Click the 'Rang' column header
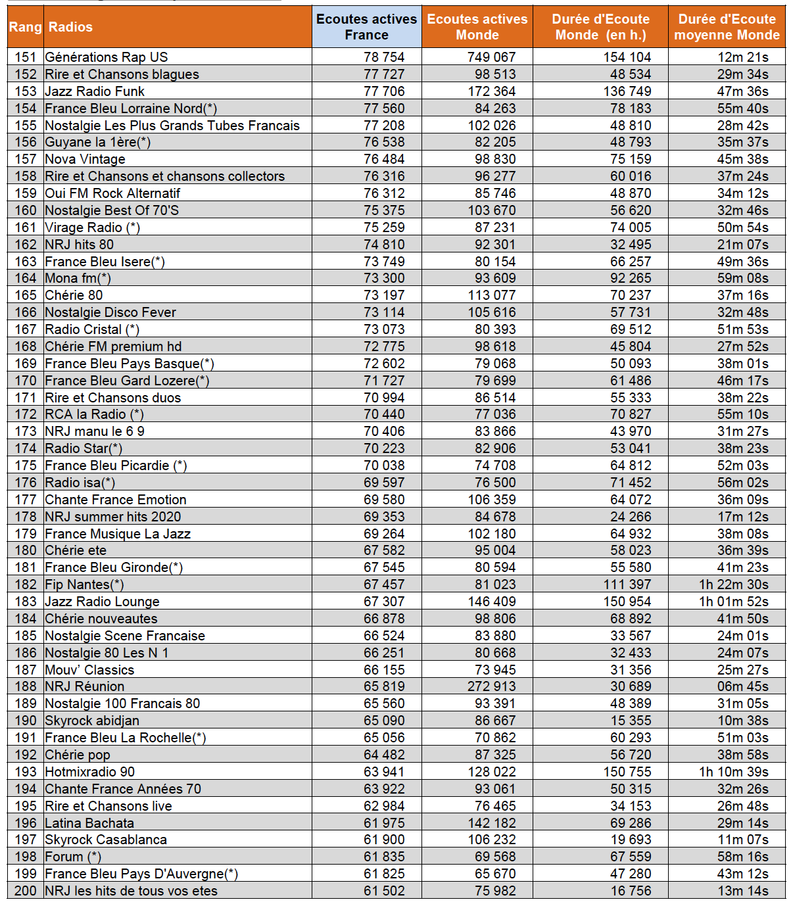[x=25, y=27]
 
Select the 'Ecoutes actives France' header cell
[x=366, y=27]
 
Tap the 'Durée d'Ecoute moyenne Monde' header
[x=727, y=27]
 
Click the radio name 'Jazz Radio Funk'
[x=95, y=91]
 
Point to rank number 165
[x=26, y=295]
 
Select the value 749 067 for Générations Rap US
[x=491, y=57]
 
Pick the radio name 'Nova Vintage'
[x=85, y=159]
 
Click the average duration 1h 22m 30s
[x=733, y=584]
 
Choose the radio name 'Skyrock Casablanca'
[x=106, y=840]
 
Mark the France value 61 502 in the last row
[x=384, y=891]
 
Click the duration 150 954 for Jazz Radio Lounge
[x=627, y=602]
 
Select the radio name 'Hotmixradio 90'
[x=89, y=772]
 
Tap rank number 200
[x=26, y=891]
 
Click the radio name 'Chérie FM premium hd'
[x=113, y=346]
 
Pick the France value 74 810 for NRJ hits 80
[x=384, y=245]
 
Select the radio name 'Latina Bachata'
[x=89, y=823]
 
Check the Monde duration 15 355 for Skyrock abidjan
[x=630, y=721]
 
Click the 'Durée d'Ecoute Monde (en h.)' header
[x=600, y=27]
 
